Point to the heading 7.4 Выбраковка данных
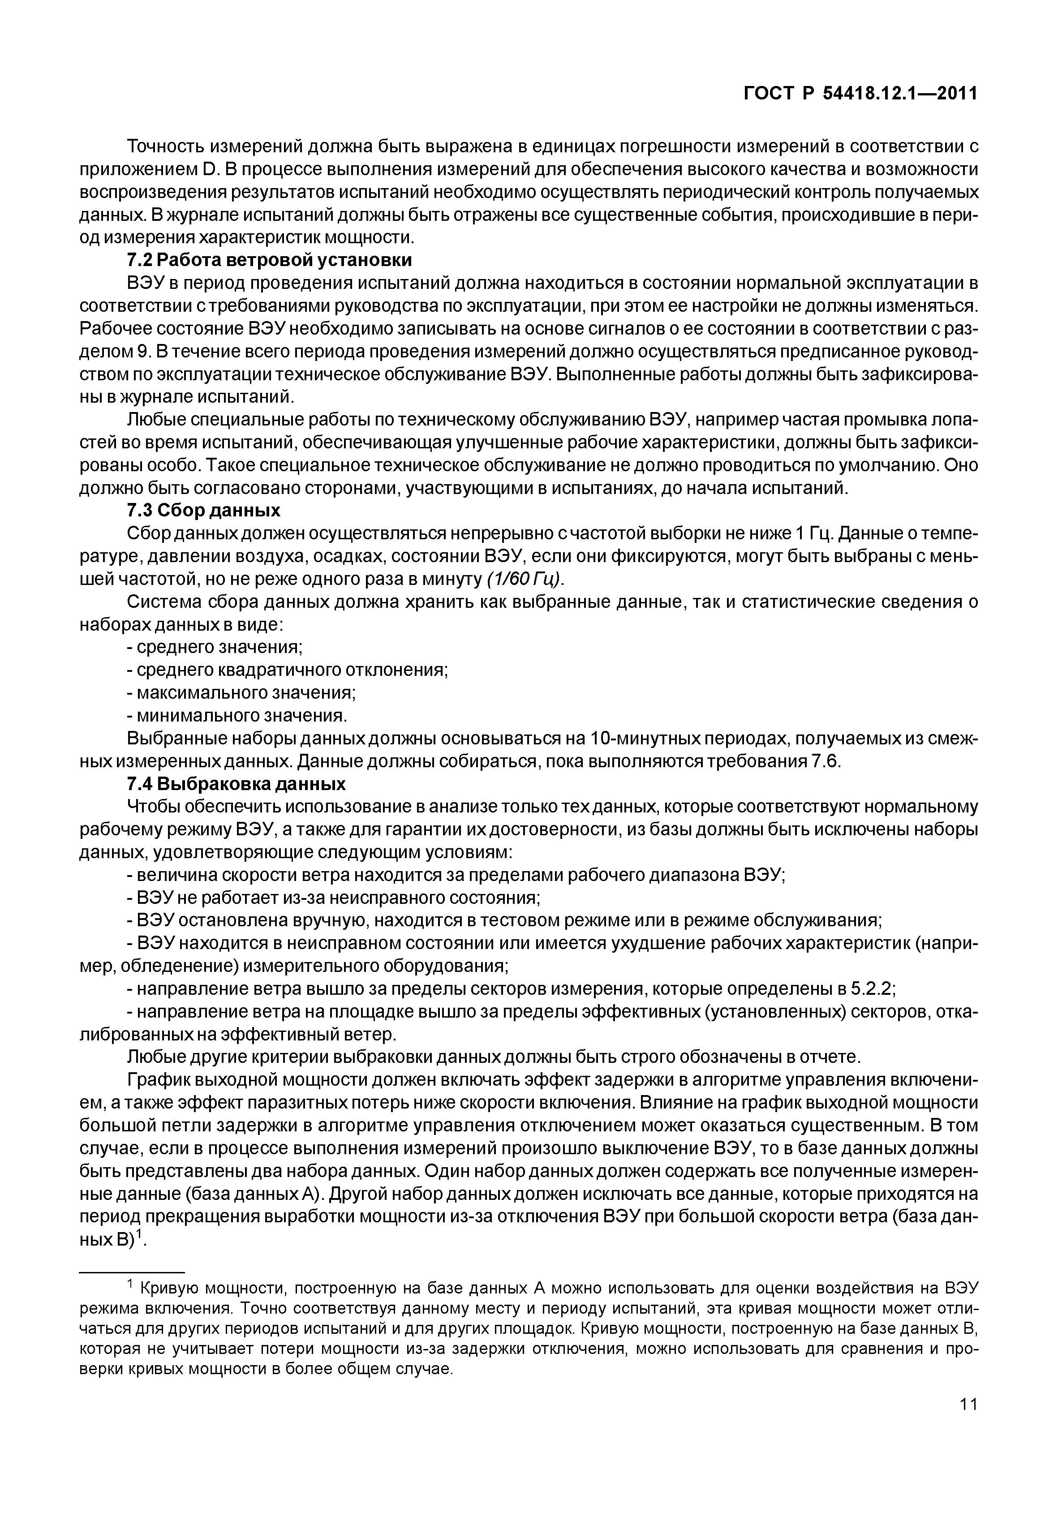(236, 784)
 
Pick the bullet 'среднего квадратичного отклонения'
(288, 670)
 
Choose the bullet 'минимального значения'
(237, 716)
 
